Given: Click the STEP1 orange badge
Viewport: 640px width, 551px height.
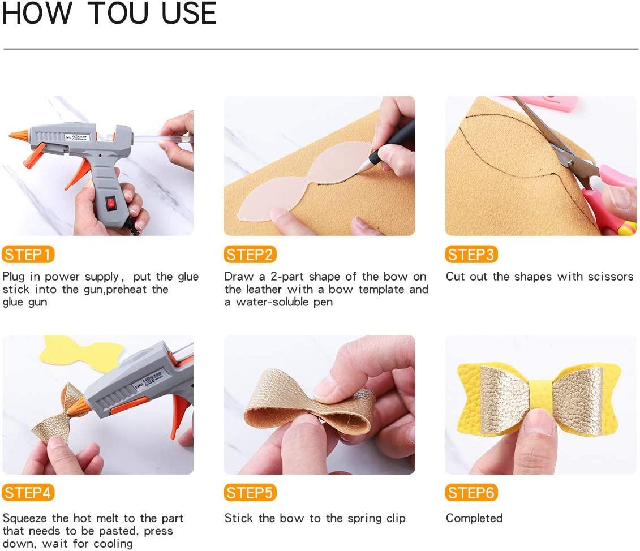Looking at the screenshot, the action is (28, 255).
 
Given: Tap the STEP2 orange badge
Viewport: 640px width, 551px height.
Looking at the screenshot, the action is (250, 255).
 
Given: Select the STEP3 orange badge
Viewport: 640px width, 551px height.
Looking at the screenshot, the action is (471, 255).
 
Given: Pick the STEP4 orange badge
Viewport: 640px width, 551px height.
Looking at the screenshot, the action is (28, 493).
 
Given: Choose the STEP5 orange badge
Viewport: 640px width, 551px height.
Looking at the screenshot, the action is (250, 493).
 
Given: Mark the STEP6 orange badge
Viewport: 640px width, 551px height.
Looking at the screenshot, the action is (471, 493).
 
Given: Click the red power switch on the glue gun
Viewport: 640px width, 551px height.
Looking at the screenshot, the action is (111, 204).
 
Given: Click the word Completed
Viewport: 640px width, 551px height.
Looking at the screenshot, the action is (474, 518).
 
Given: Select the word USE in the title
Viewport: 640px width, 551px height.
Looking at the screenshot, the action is (188, 13).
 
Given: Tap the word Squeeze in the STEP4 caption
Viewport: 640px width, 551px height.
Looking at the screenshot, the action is (25, 519).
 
